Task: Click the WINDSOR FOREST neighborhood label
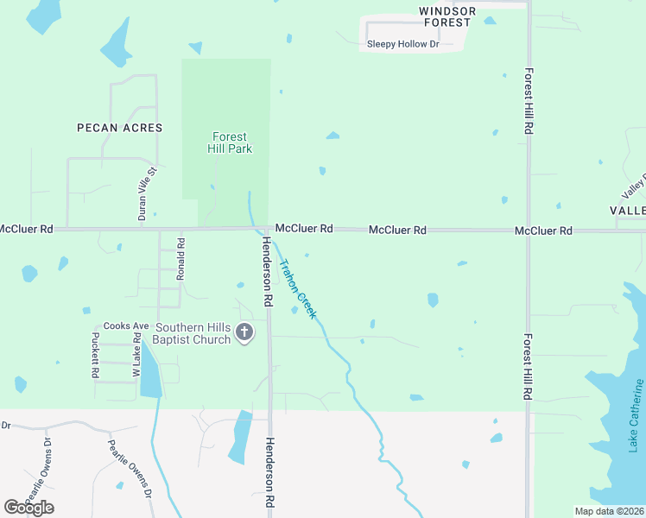point(447,16)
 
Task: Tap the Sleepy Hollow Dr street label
point(403,43)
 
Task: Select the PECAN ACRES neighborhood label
point(119,128)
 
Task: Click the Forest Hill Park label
point(230,142)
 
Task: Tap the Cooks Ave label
point(127,325)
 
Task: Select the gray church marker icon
point(245,332)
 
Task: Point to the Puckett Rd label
point(95,357)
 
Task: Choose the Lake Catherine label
point(636,415)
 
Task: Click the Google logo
point(29,508)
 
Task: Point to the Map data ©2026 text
point(608,511)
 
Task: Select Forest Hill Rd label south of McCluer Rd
point(528,366)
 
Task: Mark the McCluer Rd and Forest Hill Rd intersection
point(529,231)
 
